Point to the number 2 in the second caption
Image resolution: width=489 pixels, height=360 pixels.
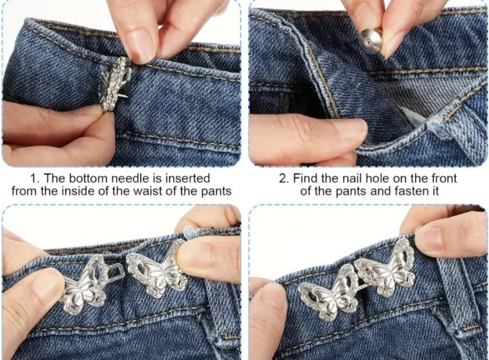(x=283, y=179)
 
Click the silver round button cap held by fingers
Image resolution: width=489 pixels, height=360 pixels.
(x=370, y=41)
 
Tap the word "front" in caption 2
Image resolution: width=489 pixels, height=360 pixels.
(x=443, y=179)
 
